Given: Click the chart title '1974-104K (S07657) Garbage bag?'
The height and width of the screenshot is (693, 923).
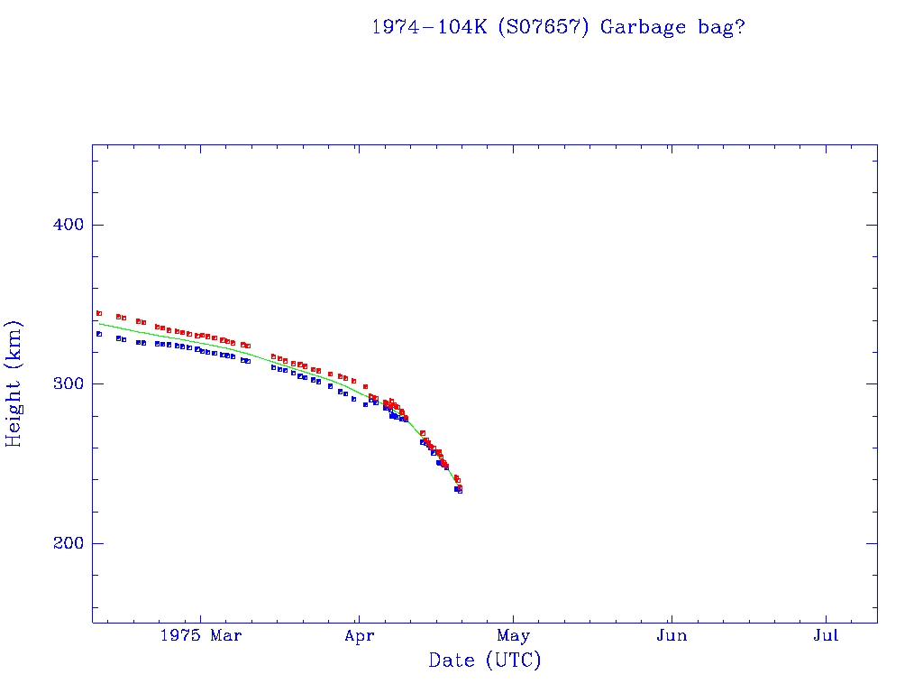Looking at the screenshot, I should [558, 27].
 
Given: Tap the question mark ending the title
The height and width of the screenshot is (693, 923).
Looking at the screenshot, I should [739, 27].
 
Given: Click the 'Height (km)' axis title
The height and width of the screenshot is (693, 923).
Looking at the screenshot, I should [14, 383].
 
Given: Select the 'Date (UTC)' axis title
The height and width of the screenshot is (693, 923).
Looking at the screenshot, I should [485, 661].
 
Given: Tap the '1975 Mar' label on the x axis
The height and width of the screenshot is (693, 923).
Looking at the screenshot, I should [200, 636].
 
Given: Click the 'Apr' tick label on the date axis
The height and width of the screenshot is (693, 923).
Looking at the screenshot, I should [359, 636].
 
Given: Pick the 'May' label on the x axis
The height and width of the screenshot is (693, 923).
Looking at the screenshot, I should [514, 636].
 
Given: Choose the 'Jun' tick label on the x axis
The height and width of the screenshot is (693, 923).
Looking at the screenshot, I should [672, 636].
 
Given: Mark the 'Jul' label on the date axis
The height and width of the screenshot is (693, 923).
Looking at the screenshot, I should [826, 636].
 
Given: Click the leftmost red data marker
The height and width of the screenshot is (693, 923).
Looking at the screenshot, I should [99, 313].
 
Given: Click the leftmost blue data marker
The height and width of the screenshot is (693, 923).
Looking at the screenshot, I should [99, 334].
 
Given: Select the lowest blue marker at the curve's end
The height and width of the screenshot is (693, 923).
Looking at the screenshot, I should [460, 491].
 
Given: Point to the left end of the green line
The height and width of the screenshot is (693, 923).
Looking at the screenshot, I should [98, 323].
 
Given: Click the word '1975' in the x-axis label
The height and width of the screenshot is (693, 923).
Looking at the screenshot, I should [178, 636].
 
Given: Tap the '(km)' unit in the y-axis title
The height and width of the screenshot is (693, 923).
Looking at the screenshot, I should [14, 344].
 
